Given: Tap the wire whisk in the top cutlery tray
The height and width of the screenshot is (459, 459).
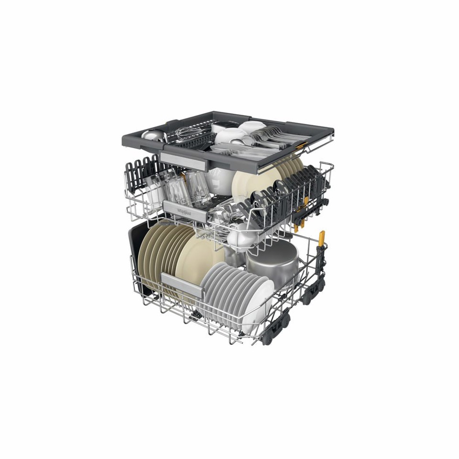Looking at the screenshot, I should pyautogui.click(x=191, y=131).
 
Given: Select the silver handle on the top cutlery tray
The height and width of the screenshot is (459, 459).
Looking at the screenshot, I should pyautogui.click(x=184, y=160).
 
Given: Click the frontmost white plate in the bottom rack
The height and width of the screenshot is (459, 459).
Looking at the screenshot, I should pyautogui.click(x=259, y=306).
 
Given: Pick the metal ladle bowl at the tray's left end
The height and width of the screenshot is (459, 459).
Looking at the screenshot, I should pyautogui.click(x=152, y=136).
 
